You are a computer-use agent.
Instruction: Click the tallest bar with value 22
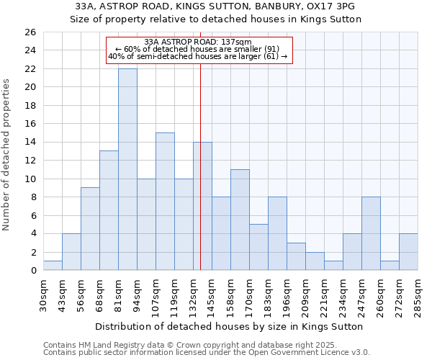click(x=127, y=169)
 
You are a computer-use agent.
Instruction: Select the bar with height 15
click(x=165, y=202)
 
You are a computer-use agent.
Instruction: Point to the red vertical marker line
click(x=200, y=180)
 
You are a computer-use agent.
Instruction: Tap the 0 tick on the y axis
click(x=32, y=271)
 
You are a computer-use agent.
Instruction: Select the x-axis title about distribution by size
click(x=229, y=326)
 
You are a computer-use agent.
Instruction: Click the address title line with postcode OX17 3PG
click(x=215, y=6)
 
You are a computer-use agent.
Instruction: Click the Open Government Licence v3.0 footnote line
click(x=207, y=352)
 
